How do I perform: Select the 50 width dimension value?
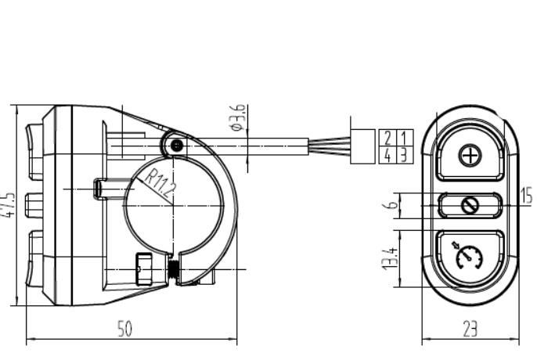point(124,329)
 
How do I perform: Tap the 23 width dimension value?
point(470,329)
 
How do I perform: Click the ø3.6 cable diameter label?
point(238,117)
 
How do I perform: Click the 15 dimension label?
point(526,196)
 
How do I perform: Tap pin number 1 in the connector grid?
point(404,138)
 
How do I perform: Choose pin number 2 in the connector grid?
point(387,138)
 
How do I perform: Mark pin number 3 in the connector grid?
point(404,155)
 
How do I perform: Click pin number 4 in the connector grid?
point(387,155)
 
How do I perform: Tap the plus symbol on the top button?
point(470,156)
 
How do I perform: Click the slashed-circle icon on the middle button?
point(469,206)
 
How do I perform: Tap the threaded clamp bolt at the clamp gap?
point(174,269)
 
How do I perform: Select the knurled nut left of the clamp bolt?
point(144,269)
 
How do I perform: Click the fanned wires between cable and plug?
point(330,146)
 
